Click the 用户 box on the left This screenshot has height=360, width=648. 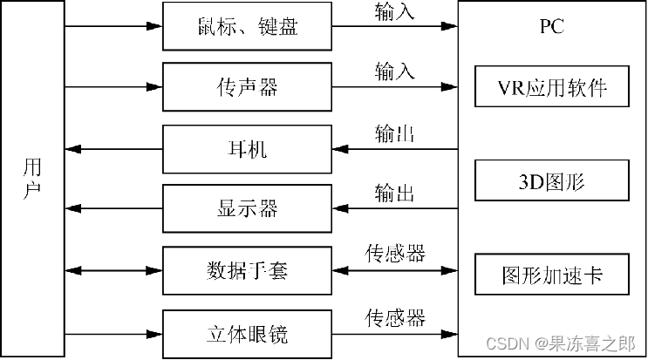pyautogui.click(x=32, y=179)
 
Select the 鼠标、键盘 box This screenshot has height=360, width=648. pyautogui.click(x=248, y=26)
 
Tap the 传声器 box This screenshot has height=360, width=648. pyautogui.click(x=248, y=87)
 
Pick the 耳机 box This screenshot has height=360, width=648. pyautogui.click(x=248, y=148)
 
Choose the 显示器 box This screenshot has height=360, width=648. pyautogui.click(x=248, y=209)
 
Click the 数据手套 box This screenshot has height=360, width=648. pyautogui.click(x=248, y=270)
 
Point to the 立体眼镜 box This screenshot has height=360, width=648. pyautogui.click(x=248, y=333)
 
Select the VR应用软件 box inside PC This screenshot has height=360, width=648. pyautogui.click(x=552, y=88)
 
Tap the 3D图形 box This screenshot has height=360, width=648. pyautogui.click(x=552, y=182)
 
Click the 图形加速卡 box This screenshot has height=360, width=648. pyautogui.click(x=552, y=276)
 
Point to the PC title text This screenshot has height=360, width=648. pyautogui.click(x=552, y=26)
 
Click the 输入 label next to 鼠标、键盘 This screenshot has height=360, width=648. pyautogui.click(x=395, y=12)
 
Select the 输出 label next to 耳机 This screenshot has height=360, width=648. pyautogui.click(x=395, y=134)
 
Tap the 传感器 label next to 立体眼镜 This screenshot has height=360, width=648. pyautogui.click(x=395, y=316)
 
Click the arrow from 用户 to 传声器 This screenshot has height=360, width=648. pyautogui.click(x=113, y=87)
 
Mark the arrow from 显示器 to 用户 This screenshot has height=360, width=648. pyautogui.click(x=113, y=209)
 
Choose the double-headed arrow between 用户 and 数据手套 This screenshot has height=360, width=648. pyautogui.click(x=113, y=270)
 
